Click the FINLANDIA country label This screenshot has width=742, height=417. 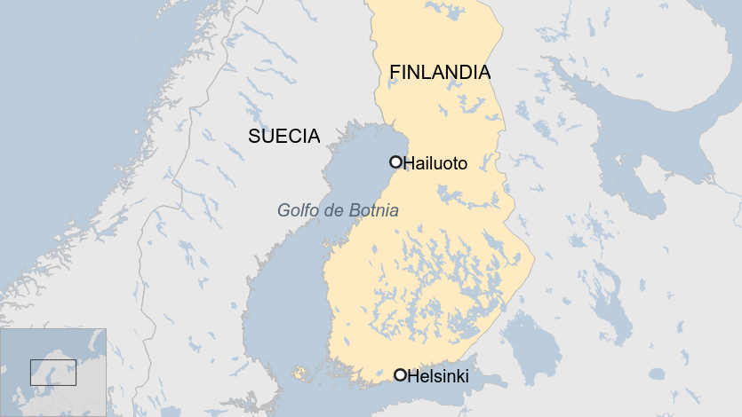pyautogui.click(x=440, y=73)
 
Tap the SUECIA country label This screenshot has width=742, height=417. pyautogui.click(x=283, y=136)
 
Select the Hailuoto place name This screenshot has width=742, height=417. pyautogui.click(x=435, y=163)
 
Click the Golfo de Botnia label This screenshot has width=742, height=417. pyautogui.click(x=338, y=211)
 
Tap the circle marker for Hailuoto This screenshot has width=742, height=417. pyautogui.click(x=395, y=161)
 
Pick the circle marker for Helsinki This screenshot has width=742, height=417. pyautogui.click(x=400, y=375)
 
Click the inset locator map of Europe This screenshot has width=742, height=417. pyautogui.click(x=53, y=373)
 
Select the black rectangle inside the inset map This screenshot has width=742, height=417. pyautogui.click(x=53, y=373)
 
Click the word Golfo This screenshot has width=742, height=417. pyautogui.click(x=297, y=211)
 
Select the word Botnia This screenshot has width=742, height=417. pyautogui.click(x=375, y=211)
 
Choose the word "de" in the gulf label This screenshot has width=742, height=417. pyautogui.click(x=336, y=211)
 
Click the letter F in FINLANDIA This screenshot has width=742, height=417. pyautogui.click(x=395, y=73)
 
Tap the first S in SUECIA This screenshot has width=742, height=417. pyautogui.click(x=254, y=136)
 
